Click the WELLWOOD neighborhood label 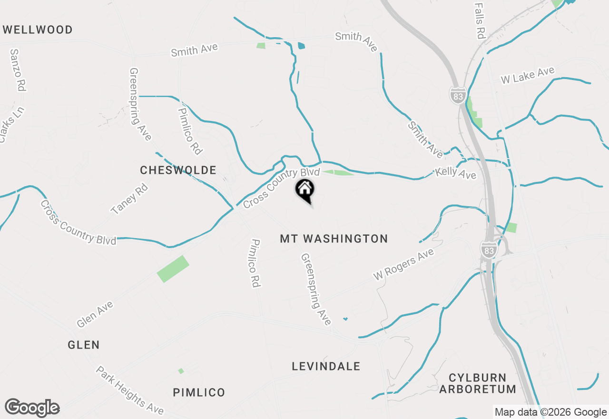click(x=38, y=30)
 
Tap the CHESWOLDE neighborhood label click(x=178, y=170)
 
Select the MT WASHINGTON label click(x=334, y=239)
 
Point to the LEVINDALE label click(x=326, y=366)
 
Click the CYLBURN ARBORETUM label click(x=477, y=384)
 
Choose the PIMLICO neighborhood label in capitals click(x=199, y=393)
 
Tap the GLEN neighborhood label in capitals click(x=84, y=345)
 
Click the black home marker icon click(x=305, y=190)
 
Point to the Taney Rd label click(x=129, y=199)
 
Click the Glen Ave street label click(x=95, y=315)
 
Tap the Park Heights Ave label click(x=130, y=390)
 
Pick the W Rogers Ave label click(x=403, y=264)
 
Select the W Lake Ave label click(x=528, y=75)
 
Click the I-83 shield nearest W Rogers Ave click(x=488, y=249)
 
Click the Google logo click(x=32, y=408)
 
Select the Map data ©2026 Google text click(x=550, y=412)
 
